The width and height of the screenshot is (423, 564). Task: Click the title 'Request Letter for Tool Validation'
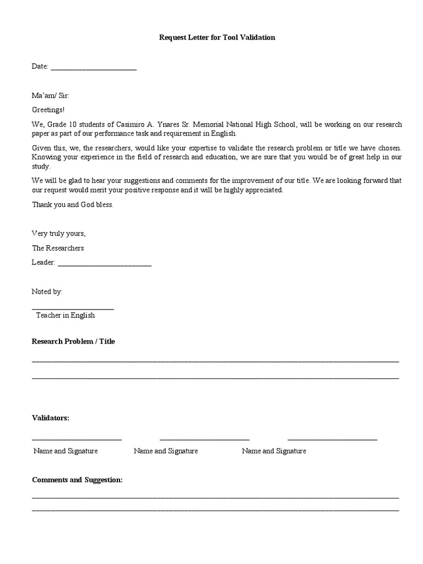216,37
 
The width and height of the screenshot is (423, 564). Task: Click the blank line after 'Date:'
94,68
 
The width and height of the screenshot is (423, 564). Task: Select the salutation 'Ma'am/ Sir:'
51,95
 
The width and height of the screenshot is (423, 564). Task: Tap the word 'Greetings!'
48,110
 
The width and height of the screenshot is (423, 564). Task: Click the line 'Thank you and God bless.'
73,204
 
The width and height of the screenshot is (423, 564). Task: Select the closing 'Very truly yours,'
59,234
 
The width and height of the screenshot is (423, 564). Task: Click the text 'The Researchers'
58,248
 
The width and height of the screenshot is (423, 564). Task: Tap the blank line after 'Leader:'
104,264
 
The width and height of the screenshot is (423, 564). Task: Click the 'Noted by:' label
47,291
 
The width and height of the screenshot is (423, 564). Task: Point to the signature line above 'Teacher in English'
73,308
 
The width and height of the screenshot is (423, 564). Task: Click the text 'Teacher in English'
66,315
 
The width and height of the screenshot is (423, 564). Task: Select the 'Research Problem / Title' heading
73,341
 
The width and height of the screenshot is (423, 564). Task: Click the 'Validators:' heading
51,418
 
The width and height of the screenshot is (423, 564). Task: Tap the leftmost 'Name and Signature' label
66,451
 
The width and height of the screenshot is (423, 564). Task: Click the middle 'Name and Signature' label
166,451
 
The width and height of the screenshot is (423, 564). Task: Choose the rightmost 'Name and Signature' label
274,451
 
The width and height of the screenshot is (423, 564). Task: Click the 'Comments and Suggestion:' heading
77,480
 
